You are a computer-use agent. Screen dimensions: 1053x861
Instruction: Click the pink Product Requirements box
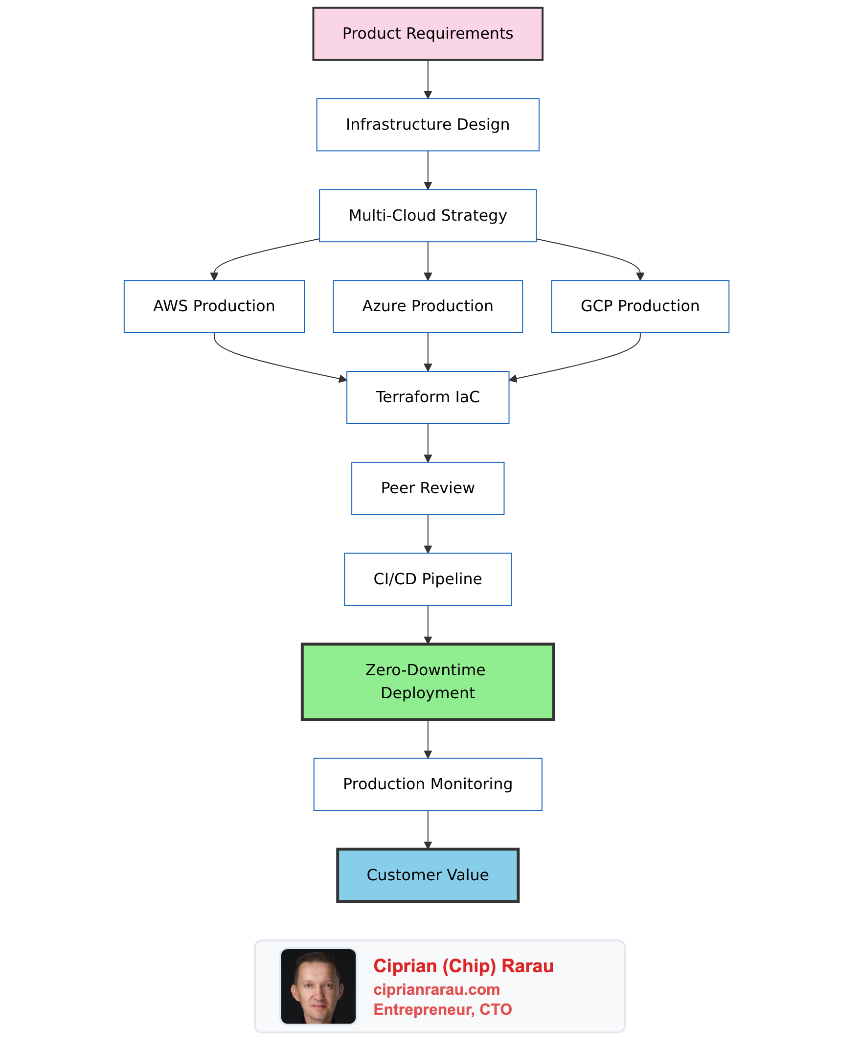click(428, 34)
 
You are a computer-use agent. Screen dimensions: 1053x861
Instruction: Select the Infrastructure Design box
click(428, 124)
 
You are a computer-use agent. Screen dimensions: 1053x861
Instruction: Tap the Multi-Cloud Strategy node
click(428, 215)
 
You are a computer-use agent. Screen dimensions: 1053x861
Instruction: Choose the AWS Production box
click(214, 306)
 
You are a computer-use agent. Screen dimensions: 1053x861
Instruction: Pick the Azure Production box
click(428, 306)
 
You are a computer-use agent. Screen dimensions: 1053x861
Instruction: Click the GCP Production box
click(640, 306)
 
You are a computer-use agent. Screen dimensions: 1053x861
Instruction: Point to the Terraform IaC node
click(428, 397)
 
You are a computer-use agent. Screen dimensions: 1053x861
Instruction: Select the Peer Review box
click(428, 488)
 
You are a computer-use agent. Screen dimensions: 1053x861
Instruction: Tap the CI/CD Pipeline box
click(428, 579)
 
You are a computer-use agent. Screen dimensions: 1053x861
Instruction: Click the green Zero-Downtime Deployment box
click(428, 682)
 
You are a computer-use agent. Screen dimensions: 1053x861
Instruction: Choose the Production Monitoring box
click(428, 784)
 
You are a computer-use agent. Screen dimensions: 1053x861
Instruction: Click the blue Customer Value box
click(428, 875)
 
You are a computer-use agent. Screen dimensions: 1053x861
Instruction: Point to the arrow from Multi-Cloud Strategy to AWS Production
click(258, 253)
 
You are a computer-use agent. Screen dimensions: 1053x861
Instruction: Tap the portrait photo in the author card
click(318, 986)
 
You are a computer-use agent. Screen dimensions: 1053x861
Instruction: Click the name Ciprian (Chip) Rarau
click(463, 966)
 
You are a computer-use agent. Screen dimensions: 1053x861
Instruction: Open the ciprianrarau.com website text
click(436, 989)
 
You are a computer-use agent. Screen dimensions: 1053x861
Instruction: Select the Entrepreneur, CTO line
click(442, 1009)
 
